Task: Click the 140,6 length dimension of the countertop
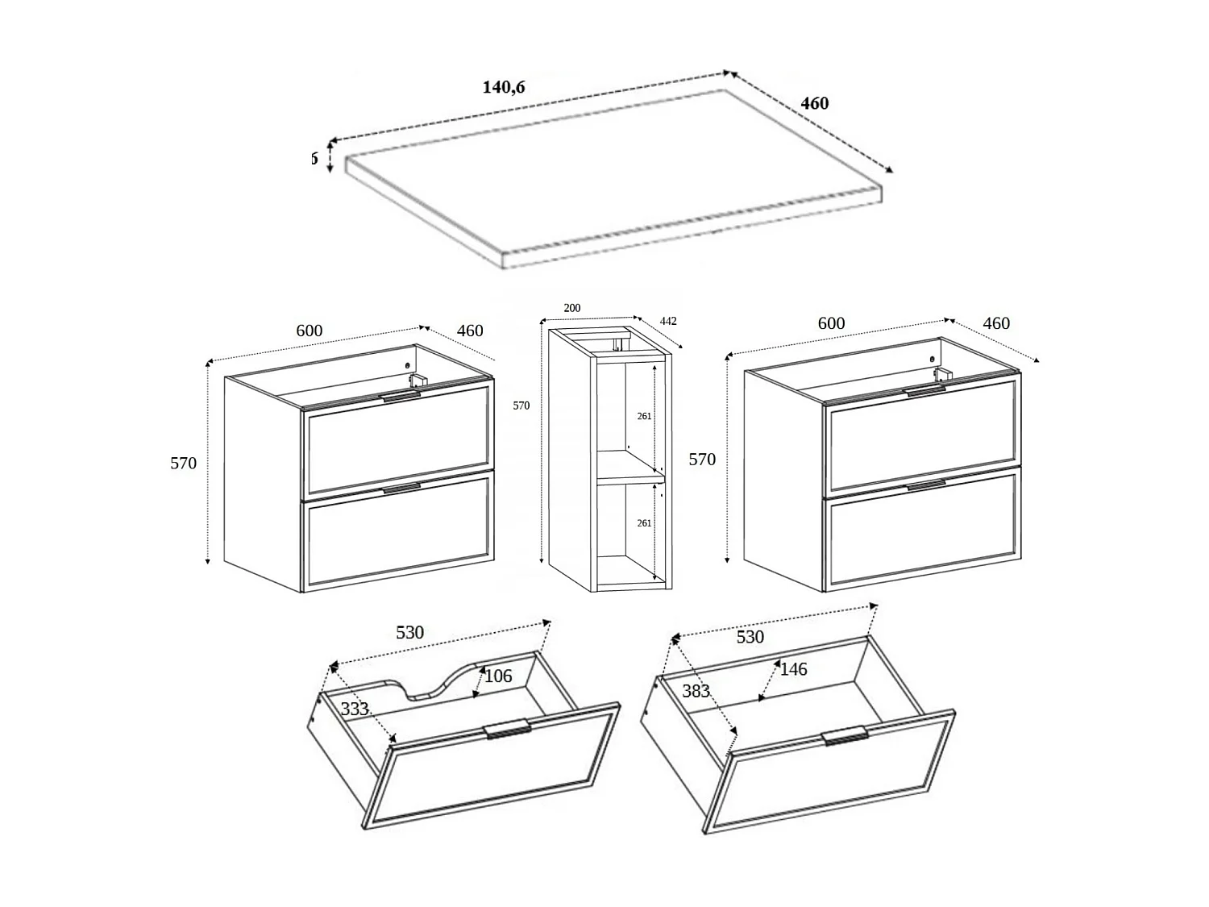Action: pos(504,87)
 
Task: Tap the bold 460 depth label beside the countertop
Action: pos(814,103)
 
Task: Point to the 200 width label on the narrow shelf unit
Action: pos(571,308)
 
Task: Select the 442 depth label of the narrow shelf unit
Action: pos(668,321)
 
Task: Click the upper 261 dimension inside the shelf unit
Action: pos(644,416)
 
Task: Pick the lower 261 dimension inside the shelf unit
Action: pos(644,523)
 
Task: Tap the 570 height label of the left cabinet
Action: pos(183,464)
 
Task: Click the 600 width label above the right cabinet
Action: pos(831,323)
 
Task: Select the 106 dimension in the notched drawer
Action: pos(498,676)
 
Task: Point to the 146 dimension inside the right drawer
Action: pos(793,669)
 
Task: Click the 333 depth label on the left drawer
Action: pos(355,709)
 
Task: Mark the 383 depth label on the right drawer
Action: pos(696,691)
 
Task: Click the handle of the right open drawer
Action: pos(845,735)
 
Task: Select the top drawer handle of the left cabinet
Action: pos(401,397)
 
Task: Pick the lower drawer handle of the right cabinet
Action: pos(926,485)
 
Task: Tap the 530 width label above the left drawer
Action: pos(409,633)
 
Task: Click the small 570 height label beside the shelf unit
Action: pos(521,406)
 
